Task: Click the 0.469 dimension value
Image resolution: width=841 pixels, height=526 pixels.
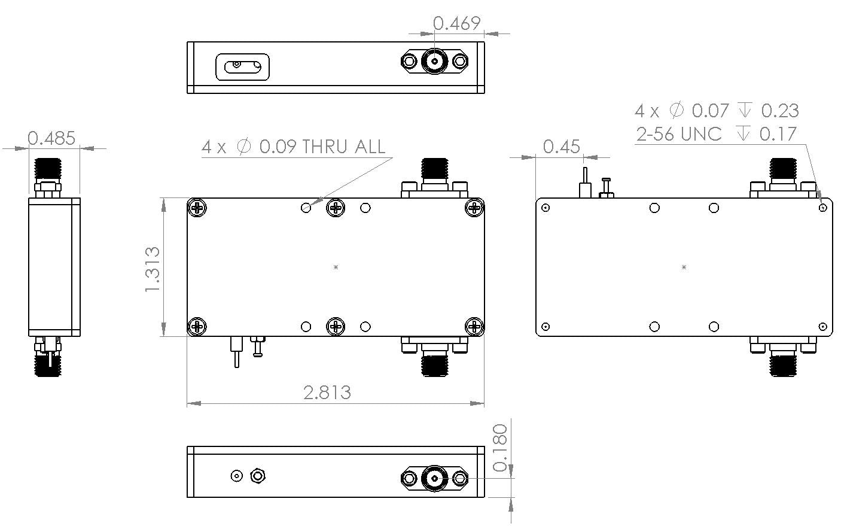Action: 456,23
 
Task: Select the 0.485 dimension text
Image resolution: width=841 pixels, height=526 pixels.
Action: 51,138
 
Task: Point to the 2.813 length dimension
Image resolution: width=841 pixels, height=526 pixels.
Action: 327,393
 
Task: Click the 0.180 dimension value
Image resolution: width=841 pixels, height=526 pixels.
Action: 499,448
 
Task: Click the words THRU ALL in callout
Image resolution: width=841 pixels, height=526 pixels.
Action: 343,147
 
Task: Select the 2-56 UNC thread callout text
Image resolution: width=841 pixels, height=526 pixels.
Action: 679,134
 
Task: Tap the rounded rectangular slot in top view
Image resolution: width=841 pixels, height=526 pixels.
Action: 242,66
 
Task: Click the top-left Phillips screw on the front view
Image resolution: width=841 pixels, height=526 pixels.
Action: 197,208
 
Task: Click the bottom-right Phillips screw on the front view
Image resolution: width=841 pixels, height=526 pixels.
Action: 474,326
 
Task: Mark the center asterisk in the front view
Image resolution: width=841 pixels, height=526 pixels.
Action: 336,267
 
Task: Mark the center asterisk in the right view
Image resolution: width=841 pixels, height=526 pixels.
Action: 684,267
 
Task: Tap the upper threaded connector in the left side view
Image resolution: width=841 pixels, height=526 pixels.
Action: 48,170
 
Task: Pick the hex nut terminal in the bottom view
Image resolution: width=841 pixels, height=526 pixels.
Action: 258,476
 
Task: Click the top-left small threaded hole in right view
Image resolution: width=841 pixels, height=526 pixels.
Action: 545,208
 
